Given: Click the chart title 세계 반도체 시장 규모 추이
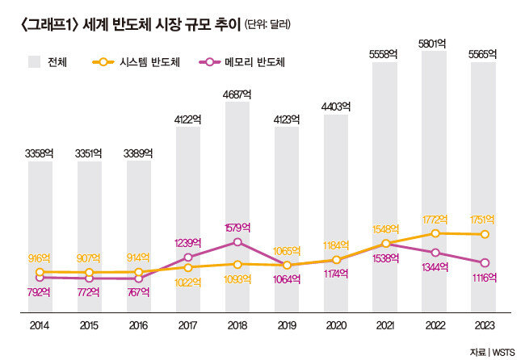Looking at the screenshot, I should pos(174,24).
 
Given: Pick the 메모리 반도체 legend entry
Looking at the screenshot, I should pos(243,61).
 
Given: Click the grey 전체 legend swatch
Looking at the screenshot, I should pos(34,61).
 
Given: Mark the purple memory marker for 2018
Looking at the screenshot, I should pos(237,241).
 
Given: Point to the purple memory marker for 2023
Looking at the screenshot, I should pos(484,262).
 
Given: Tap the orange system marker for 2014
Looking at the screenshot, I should pos(40,272).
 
